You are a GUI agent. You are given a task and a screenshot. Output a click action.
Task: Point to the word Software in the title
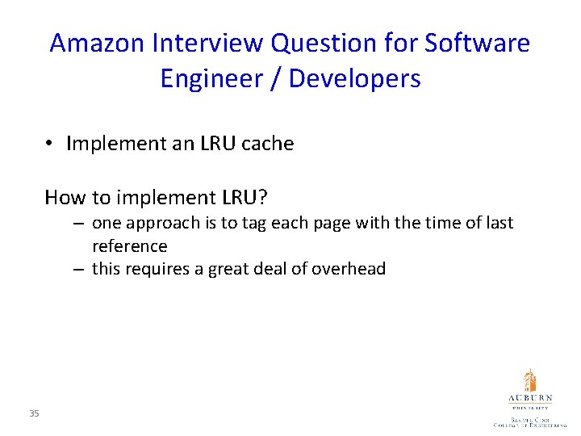click(x=482, y=43)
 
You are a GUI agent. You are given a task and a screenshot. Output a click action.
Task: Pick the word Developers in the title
click(x=354, y=79)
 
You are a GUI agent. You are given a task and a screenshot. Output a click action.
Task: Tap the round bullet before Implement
click(x=49, y=145)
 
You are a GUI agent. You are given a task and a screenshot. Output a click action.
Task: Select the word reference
click(x=129, y=245)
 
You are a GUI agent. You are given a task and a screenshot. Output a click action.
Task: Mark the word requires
click(x=162, y=269)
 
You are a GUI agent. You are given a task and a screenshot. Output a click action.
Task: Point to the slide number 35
click(x=33, y=414)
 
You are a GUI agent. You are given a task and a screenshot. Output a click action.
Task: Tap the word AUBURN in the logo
click(x=529, y=398)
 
